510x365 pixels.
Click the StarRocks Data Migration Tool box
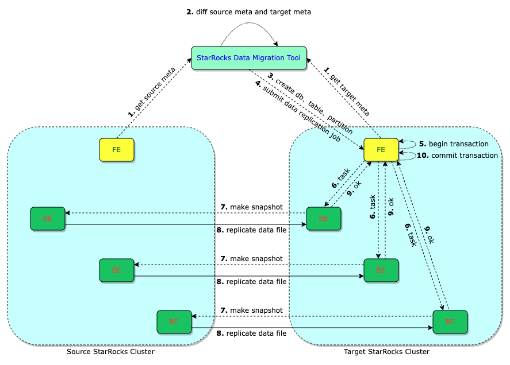(248, 58)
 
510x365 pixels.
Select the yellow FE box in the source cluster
(117, 150)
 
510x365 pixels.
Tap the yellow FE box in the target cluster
(381, 150)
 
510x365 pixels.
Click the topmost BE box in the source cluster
(48, 219)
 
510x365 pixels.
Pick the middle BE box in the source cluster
(117, 270)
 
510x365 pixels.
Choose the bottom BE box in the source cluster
(174, 322)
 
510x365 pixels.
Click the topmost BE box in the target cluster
(323, 219)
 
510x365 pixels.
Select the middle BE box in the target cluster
(381, 270)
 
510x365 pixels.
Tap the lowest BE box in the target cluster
(450, 322)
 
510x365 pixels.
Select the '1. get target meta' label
(347, 92)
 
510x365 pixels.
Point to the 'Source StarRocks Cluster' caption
(111, 351)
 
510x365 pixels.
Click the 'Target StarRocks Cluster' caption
(386, 351)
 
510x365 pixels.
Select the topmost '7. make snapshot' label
(251, 207)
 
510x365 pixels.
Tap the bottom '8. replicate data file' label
(251, 333)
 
